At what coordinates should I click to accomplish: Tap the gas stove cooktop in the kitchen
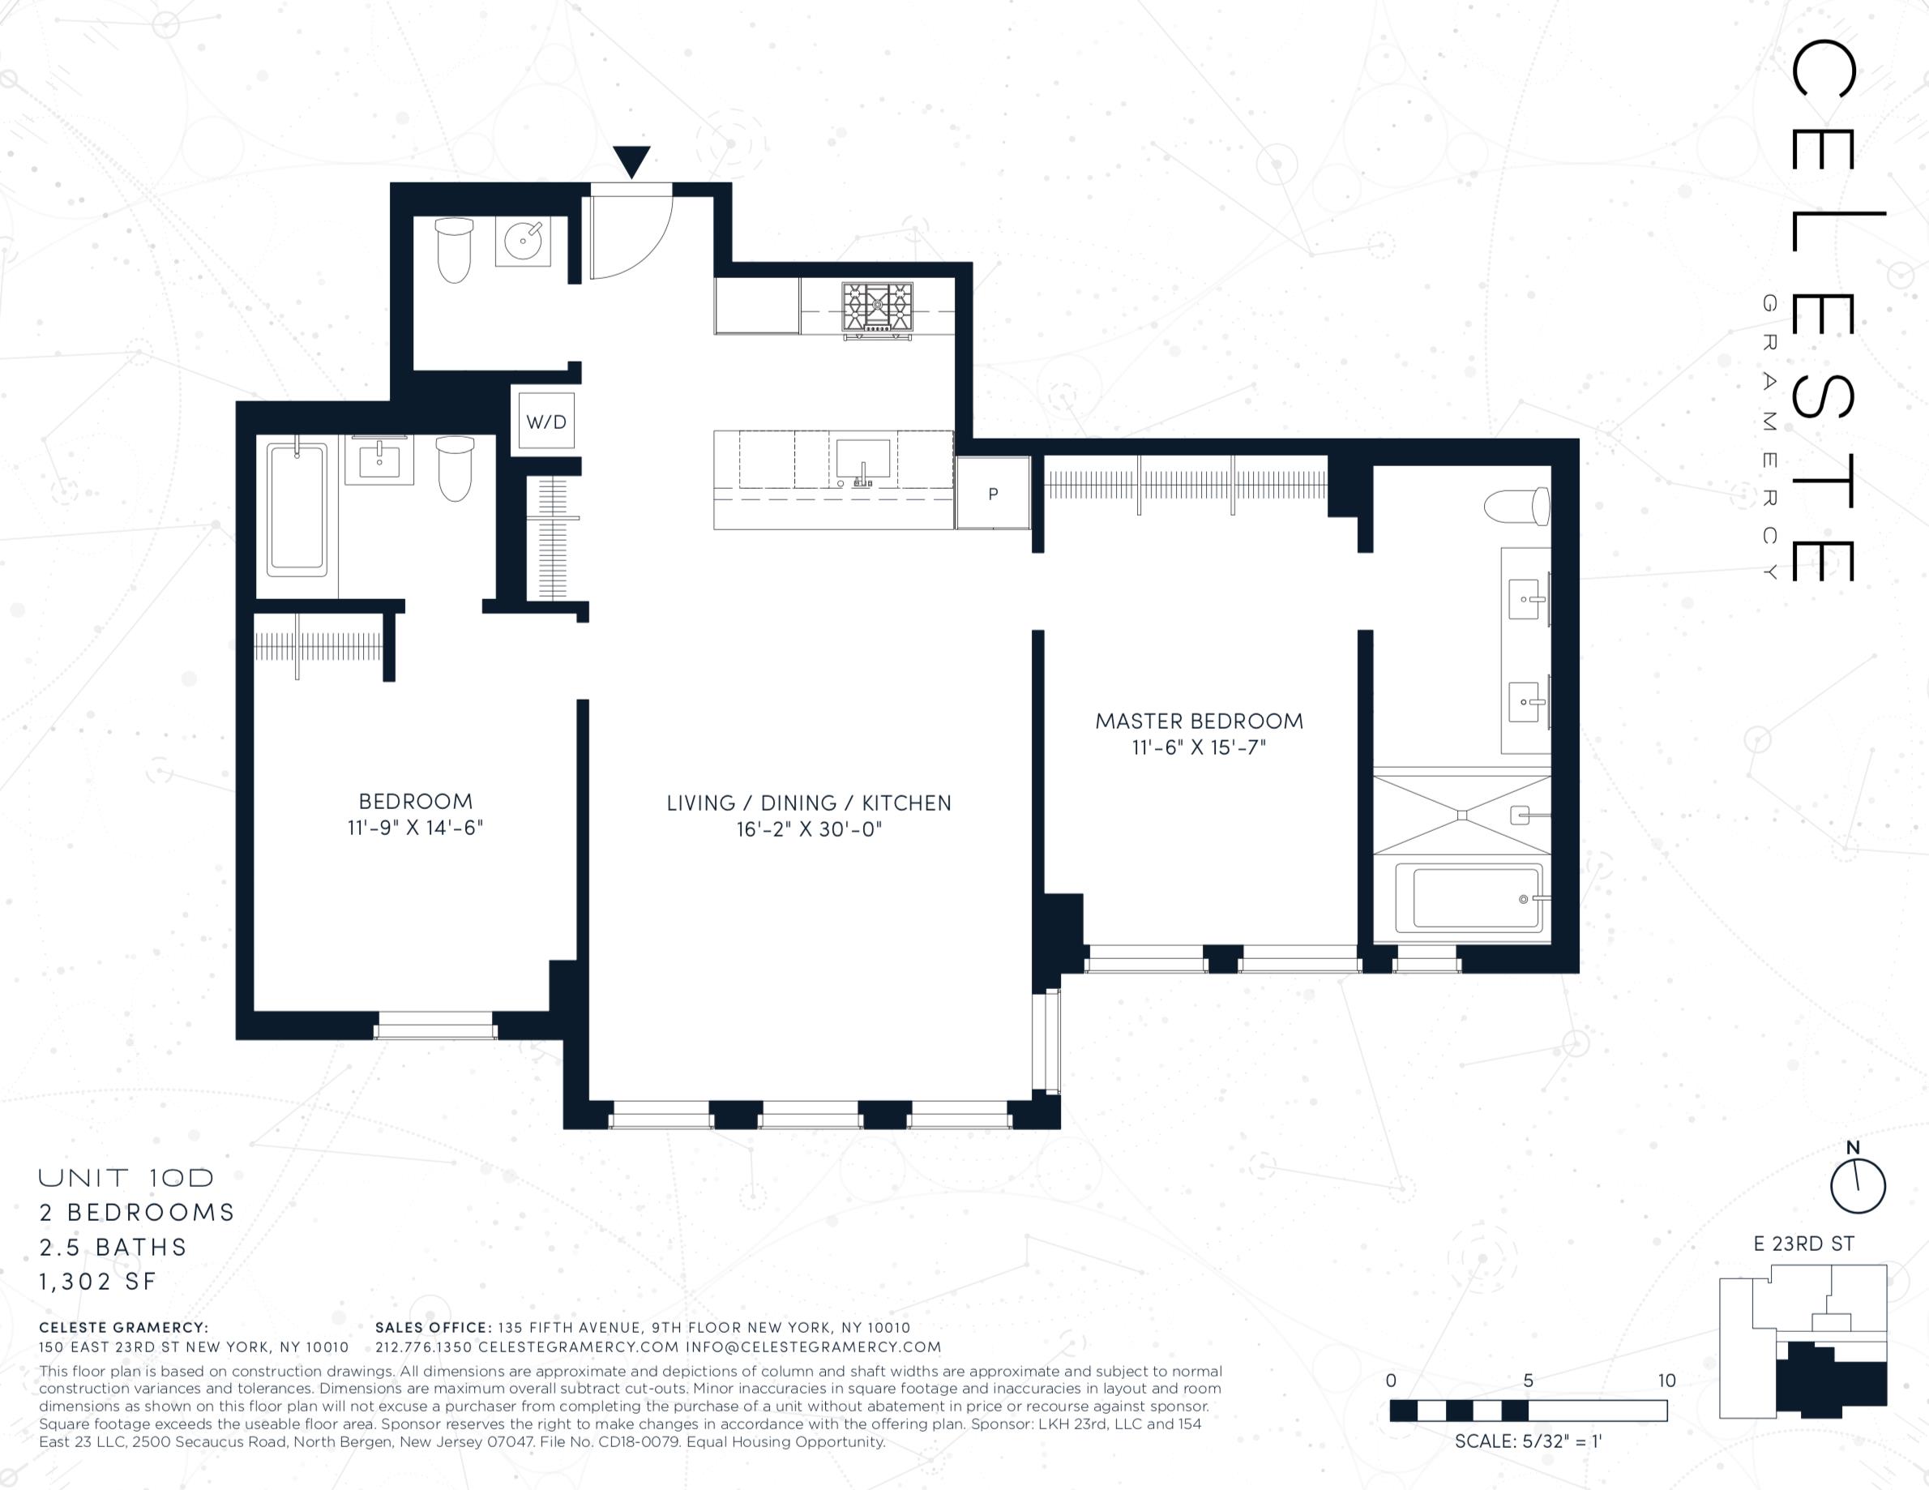click(877, 308)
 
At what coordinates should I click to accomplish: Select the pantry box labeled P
click(994, 494)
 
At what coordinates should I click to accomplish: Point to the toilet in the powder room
click(454, 250)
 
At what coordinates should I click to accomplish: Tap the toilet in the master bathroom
click(1516, 507)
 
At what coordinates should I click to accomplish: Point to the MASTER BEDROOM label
click(1200, 721)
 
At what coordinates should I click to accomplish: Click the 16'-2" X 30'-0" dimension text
click(810, 829)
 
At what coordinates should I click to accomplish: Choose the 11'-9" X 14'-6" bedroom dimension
click(415, 828)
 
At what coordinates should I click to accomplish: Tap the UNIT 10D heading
click(126, 1177)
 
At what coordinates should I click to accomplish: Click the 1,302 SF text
click(97, 1281)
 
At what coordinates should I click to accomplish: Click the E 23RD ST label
click(1803, 1244)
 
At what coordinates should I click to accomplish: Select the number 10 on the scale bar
click(1666, 1381)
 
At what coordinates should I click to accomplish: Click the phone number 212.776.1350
click(424, 1347)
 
